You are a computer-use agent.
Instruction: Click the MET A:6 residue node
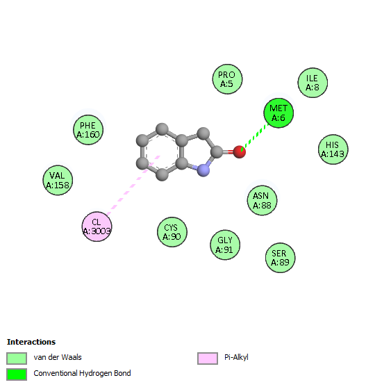278,113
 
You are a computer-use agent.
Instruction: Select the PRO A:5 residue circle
227,79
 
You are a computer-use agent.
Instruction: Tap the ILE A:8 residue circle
313,83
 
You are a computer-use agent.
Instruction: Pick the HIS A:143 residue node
333,149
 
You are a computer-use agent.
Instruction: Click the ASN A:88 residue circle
262,200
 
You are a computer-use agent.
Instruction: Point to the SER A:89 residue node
281,258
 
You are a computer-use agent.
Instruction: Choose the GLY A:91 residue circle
225,245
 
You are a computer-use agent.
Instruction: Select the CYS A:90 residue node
172,232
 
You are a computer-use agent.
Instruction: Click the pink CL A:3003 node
97,227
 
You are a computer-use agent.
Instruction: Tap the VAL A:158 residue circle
58,180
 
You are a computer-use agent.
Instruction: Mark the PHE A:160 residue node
88,130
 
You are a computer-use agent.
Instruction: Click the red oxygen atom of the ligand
240,152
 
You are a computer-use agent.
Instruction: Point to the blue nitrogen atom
203,170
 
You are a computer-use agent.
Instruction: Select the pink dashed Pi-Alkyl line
133,186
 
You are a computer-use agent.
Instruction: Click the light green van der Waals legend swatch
17,359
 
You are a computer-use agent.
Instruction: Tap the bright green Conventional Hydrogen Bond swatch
17,374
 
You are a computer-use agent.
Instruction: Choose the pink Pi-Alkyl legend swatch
208,359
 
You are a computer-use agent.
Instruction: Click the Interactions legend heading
31,342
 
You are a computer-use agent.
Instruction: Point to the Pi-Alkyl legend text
236,357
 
